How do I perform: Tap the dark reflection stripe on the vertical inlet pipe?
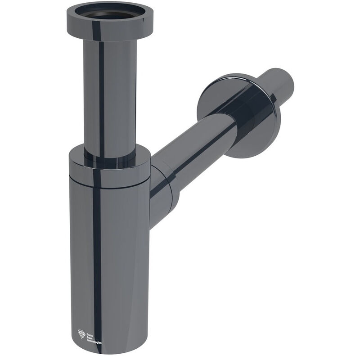click(x=101, y=90)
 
